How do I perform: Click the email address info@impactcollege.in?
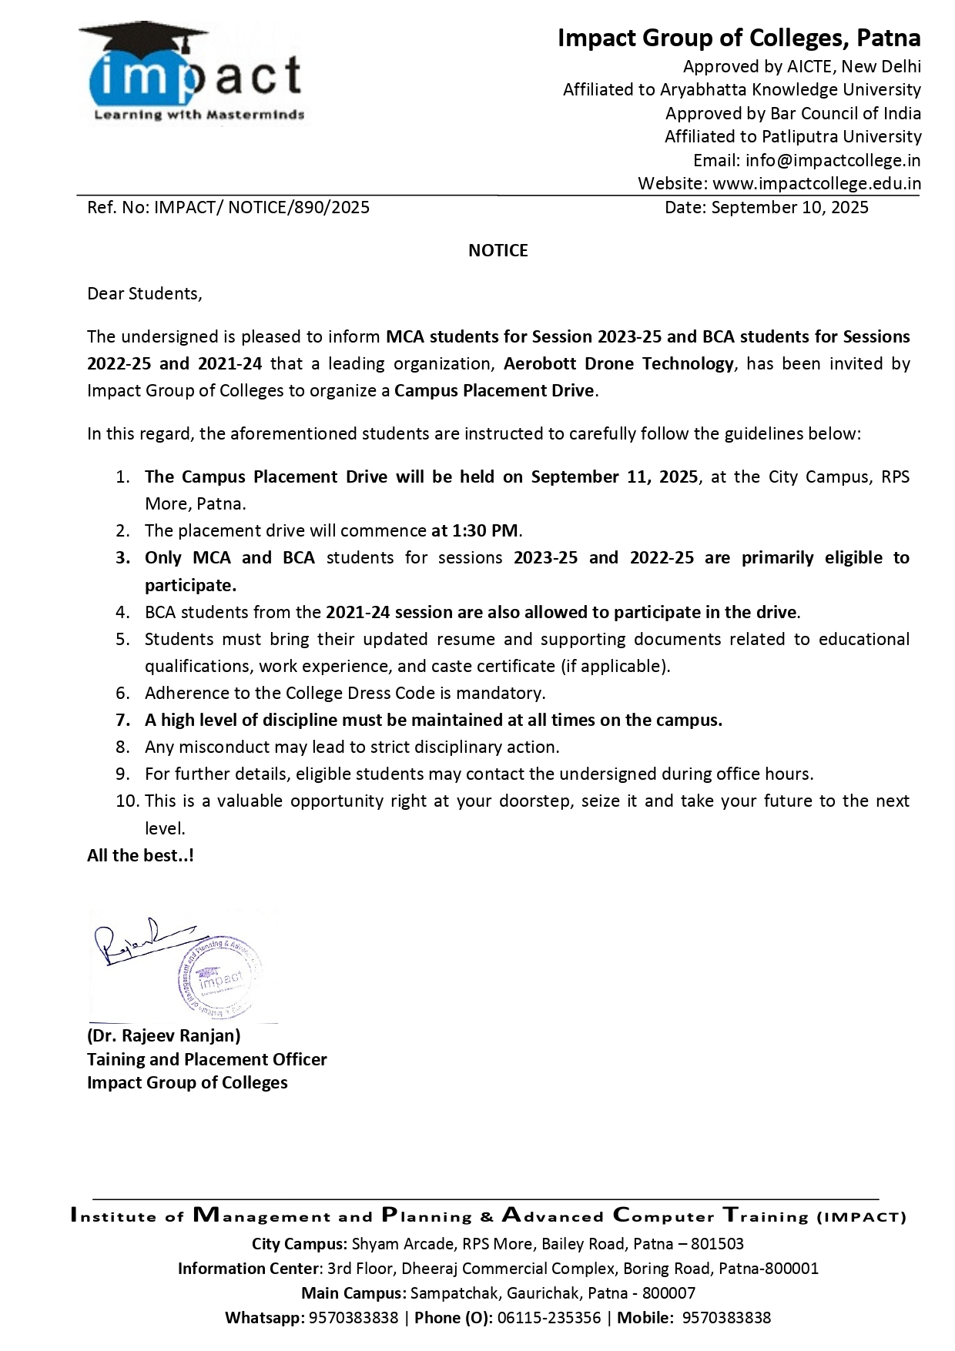coord(833,160)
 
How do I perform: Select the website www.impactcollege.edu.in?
coord(816,184)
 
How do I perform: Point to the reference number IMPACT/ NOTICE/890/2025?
coord(262,207)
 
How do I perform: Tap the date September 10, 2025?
coord(789,207)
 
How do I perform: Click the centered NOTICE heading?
coord(498,250)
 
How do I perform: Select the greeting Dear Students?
coord(144,293)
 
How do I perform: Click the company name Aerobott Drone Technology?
coord(618,363)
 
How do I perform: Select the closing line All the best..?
coord(140,855)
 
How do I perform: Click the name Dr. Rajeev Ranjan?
coord(163,1035)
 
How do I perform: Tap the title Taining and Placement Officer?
coord(206,1059)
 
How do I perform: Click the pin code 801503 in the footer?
coord(717,1243)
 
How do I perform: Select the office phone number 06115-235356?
coord(549,1317)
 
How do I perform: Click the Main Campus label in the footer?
coord(353,1292)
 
